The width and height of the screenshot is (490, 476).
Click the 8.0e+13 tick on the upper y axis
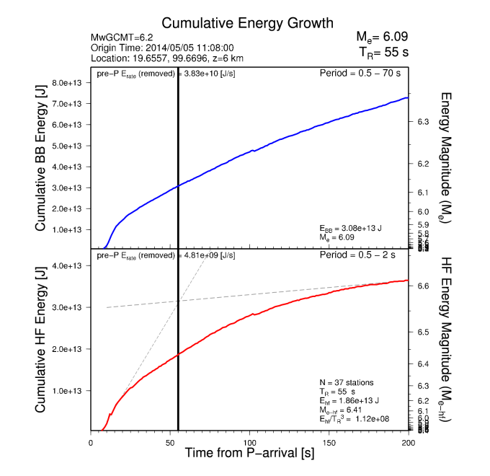(x=69, y=83)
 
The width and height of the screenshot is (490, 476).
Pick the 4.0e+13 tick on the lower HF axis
(x=69, y=266)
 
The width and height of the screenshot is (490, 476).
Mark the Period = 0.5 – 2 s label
(x=365, y=255)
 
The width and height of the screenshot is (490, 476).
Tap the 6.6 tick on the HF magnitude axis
(x=424, y=286)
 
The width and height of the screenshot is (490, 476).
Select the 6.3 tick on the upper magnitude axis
(x=424, y=122)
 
